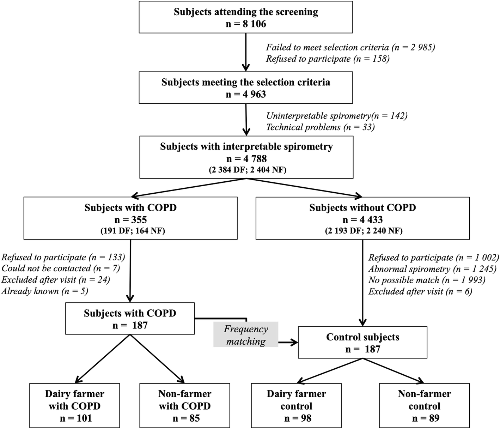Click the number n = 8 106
click(246, 24)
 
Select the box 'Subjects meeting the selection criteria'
click(246, 87)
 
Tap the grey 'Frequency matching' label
click(246, 335)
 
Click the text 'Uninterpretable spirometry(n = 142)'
click(337, 116)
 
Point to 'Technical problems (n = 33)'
click(320, 127)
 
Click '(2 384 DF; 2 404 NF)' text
click(246, 170)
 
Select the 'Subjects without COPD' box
click(362, 218)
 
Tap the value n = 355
click(130, 219)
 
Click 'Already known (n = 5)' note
click(45, 291)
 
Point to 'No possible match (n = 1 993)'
click(427, 280)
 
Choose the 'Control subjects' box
click(362, 343)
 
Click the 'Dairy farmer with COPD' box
click(74, 405)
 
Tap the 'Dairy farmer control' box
click(296, 405)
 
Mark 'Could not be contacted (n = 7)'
click(61, 268)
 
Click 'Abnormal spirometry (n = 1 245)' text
click(432, 269)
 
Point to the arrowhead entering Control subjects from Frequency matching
click(294, 342)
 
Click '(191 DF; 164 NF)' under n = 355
click(130, 231)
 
